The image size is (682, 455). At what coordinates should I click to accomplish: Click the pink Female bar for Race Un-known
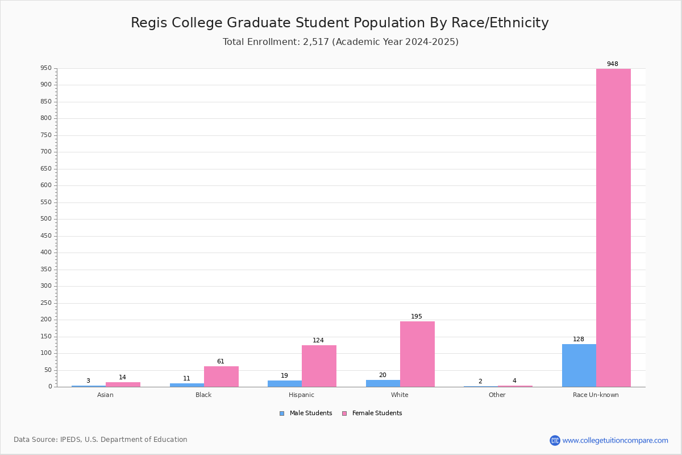tap(613, 227)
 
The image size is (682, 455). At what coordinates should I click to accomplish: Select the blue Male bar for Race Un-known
tap(579, 365)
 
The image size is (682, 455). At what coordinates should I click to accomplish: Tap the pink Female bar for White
tap(417, 354)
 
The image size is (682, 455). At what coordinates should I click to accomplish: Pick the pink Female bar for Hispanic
tap(319, 366)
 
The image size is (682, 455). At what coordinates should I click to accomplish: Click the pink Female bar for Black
tap(221, 377)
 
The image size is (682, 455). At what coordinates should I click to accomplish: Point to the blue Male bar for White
tap(383, 383)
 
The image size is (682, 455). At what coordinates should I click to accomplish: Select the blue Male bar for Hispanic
tap(285, 384)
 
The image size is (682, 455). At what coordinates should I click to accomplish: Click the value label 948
tap(613, 64)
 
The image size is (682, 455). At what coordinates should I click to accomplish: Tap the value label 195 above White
tap(417, 316)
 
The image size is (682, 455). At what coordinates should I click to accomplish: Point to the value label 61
tap(221, 361)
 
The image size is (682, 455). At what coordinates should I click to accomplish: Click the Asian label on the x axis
tap(105, 395)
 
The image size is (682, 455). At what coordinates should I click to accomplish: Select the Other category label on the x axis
tap(497, 395)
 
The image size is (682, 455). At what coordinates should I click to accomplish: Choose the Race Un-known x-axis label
tap(596, 395)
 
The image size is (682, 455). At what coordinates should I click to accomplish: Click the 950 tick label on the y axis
tap(46, 68)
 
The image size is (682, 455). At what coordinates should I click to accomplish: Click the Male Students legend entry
tap(306, 413)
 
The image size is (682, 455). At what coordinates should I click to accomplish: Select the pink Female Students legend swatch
tap(344, 413)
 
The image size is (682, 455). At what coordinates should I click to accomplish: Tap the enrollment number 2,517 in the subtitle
tap(316, 42)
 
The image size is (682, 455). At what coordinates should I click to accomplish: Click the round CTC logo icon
tap(555, 440)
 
